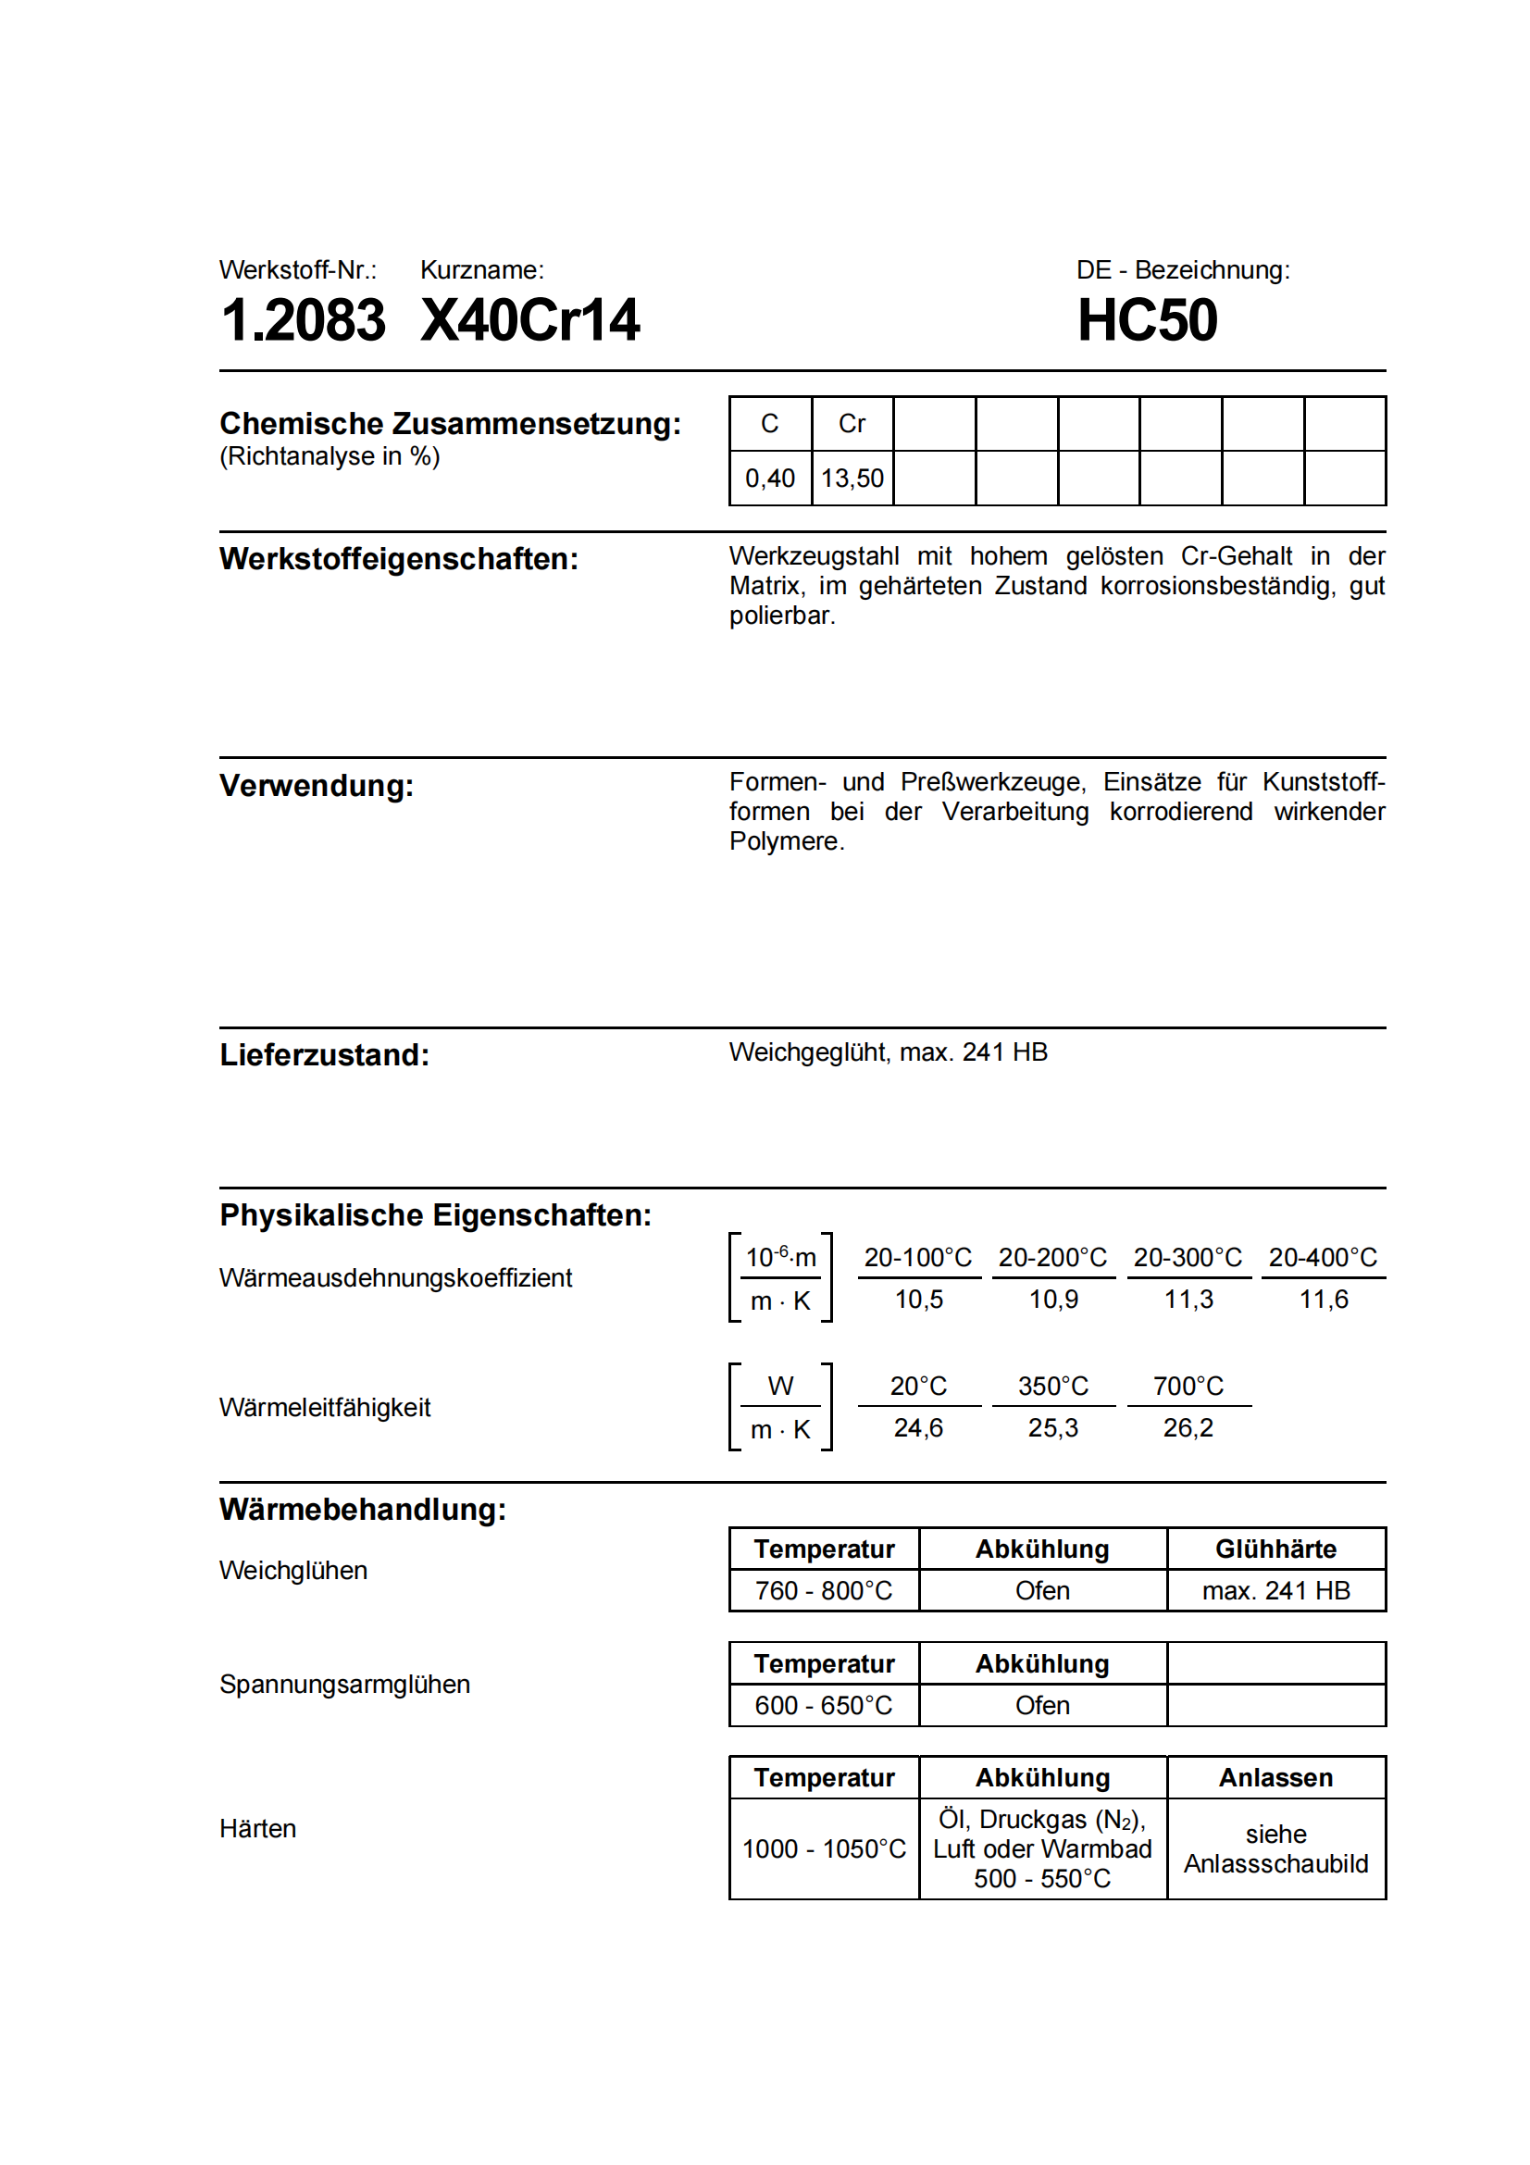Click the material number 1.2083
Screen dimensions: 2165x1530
click(x=303, y=319)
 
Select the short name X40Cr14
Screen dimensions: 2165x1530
click(x=529, y=319)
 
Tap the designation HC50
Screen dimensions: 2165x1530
click(x=1146, y=319)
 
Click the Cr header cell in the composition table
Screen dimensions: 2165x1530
click(x=852, y=424)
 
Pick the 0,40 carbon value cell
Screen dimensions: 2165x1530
click(x=769, y=478)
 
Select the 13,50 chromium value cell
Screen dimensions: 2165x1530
click(x=852, y=478)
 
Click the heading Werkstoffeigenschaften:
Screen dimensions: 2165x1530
click(x=399, y=559)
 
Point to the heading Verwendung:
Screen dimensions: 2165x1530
click(x=317, y=786)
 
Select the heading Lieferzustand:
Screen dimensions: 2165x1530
click(x=324, y=1054)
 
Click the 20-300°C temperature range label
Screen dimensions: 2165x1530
click(x=1187, y=1257)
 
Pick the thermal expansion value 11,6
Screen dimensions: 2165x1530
click(x=1323, y=1300)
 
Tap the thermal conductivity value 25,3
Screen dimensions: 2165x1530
click(x=1052, y=1427)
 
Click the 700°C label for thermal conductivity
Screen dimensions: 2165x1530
click(x=1187, y=1387)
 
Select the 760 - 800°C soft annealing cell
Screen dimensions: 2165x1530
click(x=823, y=1591)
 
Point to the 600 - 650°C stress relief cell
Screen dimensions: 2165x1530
click(x=823, y=1705)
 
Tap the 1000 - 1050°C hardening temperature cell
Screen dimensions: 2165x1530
click(x=823, y=1848)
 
